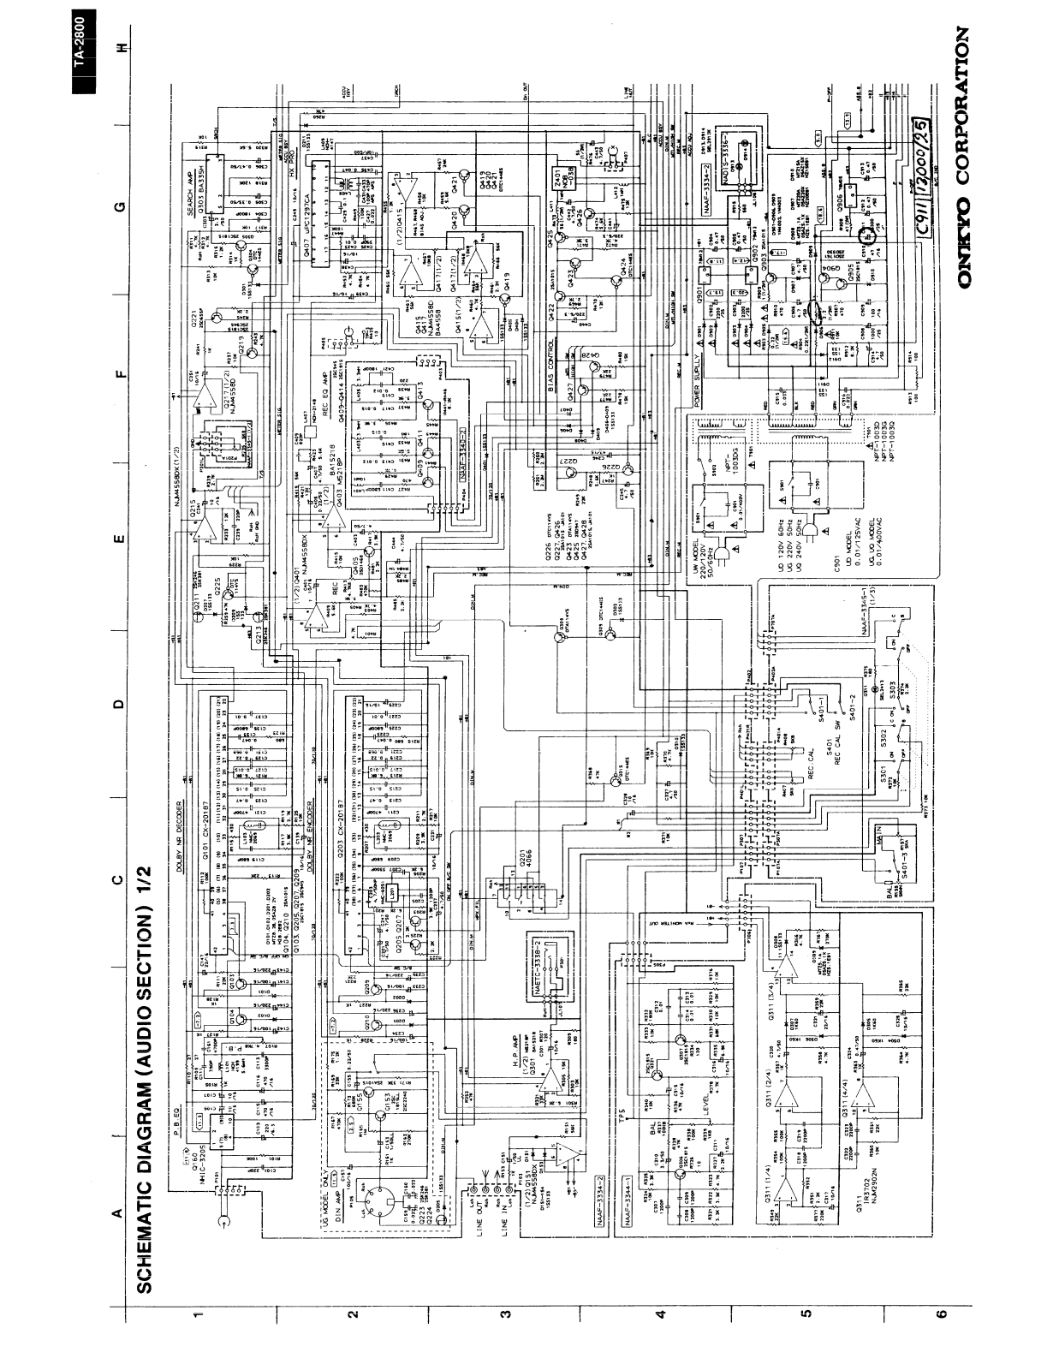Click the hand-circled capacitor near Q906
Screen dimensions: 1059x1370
click(x=871, y=231)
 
